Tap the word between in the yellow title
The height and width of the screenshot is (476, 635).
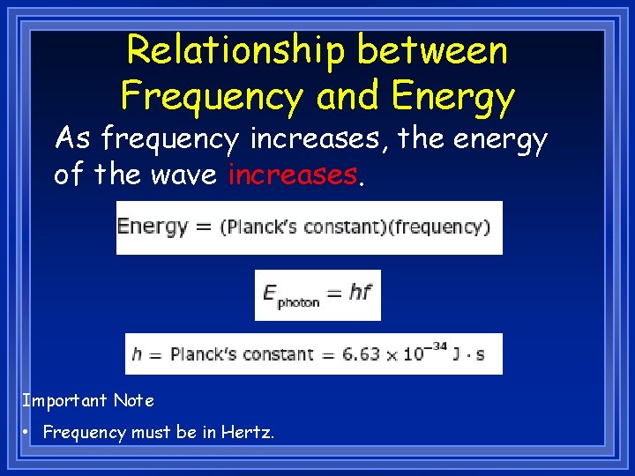pos(433,50)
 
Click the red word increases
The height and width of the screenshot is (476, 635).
pos(292,175)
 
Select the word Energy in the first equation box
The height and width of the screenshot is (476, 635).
pos(153,227)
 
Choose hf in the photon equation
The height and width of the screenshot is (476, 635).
pos(359,292)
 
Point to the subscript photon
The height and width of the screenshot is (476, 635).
pos(298,301)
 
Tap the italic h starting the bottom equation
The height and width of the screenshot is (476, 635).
pos(137,354)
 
